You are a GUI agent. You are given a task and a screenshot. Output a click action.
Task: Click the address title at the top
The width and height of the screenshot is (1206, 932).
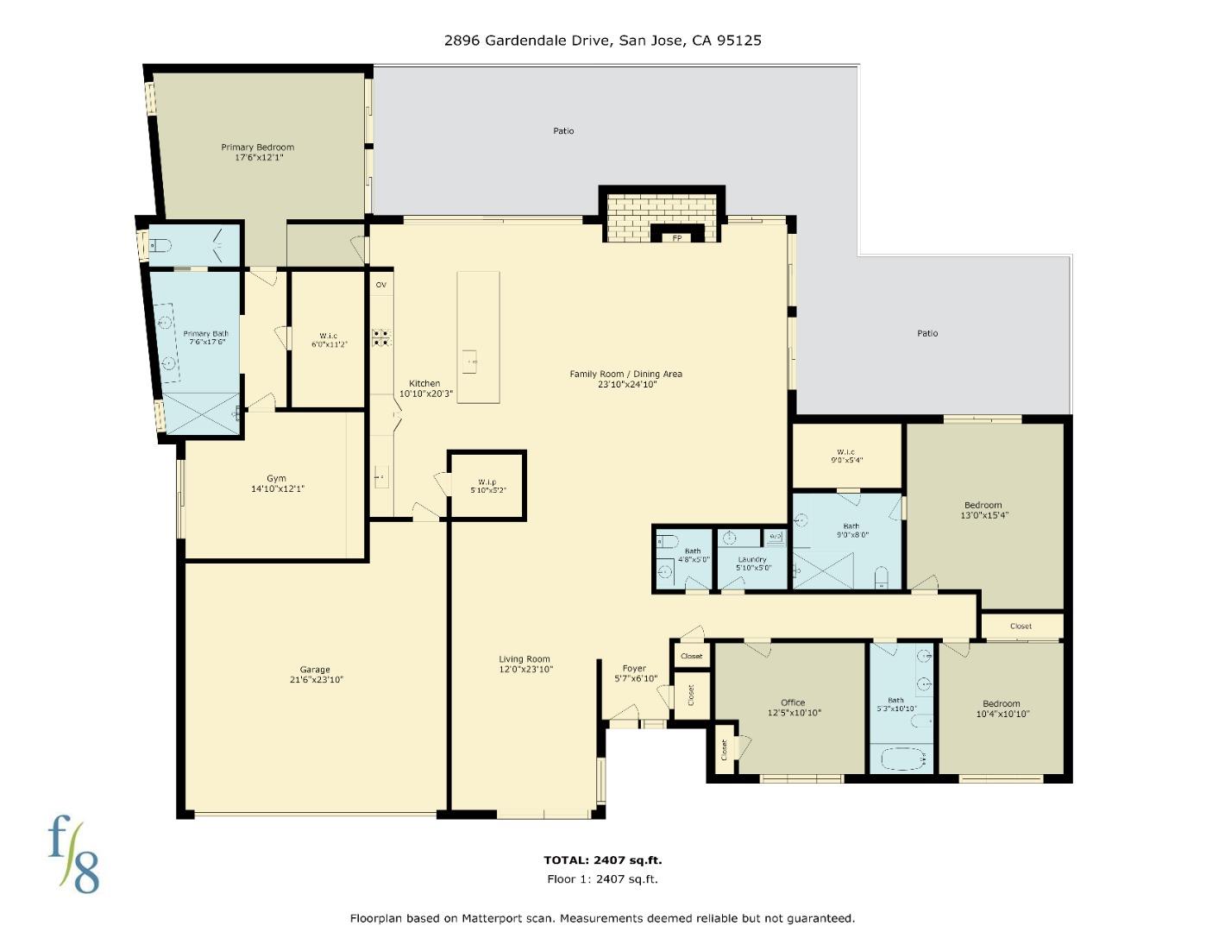point(602,40)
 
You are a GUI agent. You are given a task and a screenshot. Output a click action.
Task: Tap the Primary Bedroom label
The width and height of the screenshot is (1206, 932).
point(257,148)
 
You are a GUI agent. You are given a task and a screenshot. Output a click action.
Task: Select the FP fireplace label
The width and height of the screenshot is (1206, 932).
point(677,238)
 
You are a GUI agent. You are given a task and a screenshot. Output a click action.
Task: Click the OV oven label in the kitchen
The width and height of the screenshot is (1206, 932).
point(380,284)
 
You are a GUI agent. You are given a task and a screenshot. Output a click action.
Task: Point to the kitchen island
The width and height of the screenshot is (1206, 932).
point(478,337)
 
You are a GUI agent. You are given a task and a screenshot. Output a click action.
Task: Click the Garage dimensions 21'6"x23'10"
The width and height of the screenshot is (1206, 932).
point(316,680)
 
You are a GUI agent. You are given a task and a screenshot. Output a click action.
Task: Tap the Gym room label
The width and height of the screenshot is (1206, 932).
point(276,478)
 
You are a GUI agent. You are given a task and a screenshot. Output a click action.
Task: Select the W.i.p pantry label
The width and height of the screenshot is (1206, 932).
point(487,482)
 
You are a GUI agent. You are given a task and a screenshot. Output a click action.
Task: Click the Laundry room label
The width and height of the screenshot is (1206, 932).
point(752,559)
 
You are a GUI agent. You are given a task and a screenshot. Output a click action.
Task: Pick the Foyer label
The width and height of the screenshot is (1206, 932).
point(634,668)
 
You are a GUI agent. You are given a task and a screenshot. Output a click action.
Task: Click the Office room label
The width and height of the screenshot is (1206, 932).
point(793,702)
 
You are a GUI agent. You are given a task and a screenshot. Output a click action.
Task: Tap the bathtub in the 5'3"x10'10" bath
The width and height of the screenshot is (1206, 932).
point(901,760)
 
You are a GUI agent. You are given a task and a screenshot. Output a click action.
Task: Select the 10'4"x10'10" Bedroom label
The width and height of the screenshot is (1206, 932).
point(1001,703)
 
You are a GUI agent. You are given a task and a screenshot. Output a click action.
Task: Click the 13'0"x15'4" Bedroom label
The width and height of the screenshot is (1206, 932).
point(983,505)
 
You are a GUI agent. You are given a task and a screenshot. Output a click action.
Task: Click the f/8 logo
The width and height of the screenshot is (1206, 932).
point(73,854)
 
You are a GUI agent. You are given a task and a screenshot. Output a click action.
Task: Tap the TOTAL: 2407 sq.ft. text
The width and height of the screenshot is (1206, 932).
point(602,860)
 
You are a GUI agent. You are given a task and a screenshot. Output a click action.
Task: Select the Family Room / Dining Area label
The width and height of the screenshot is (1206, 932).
point(625,374)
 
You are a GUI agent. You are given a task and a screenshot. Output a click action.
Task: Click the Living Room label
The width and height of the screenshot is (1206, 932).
point(524,659)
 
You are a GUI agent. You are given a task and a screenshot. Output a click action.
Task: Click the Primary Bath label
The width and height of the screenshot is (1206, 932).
point(206,334)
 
